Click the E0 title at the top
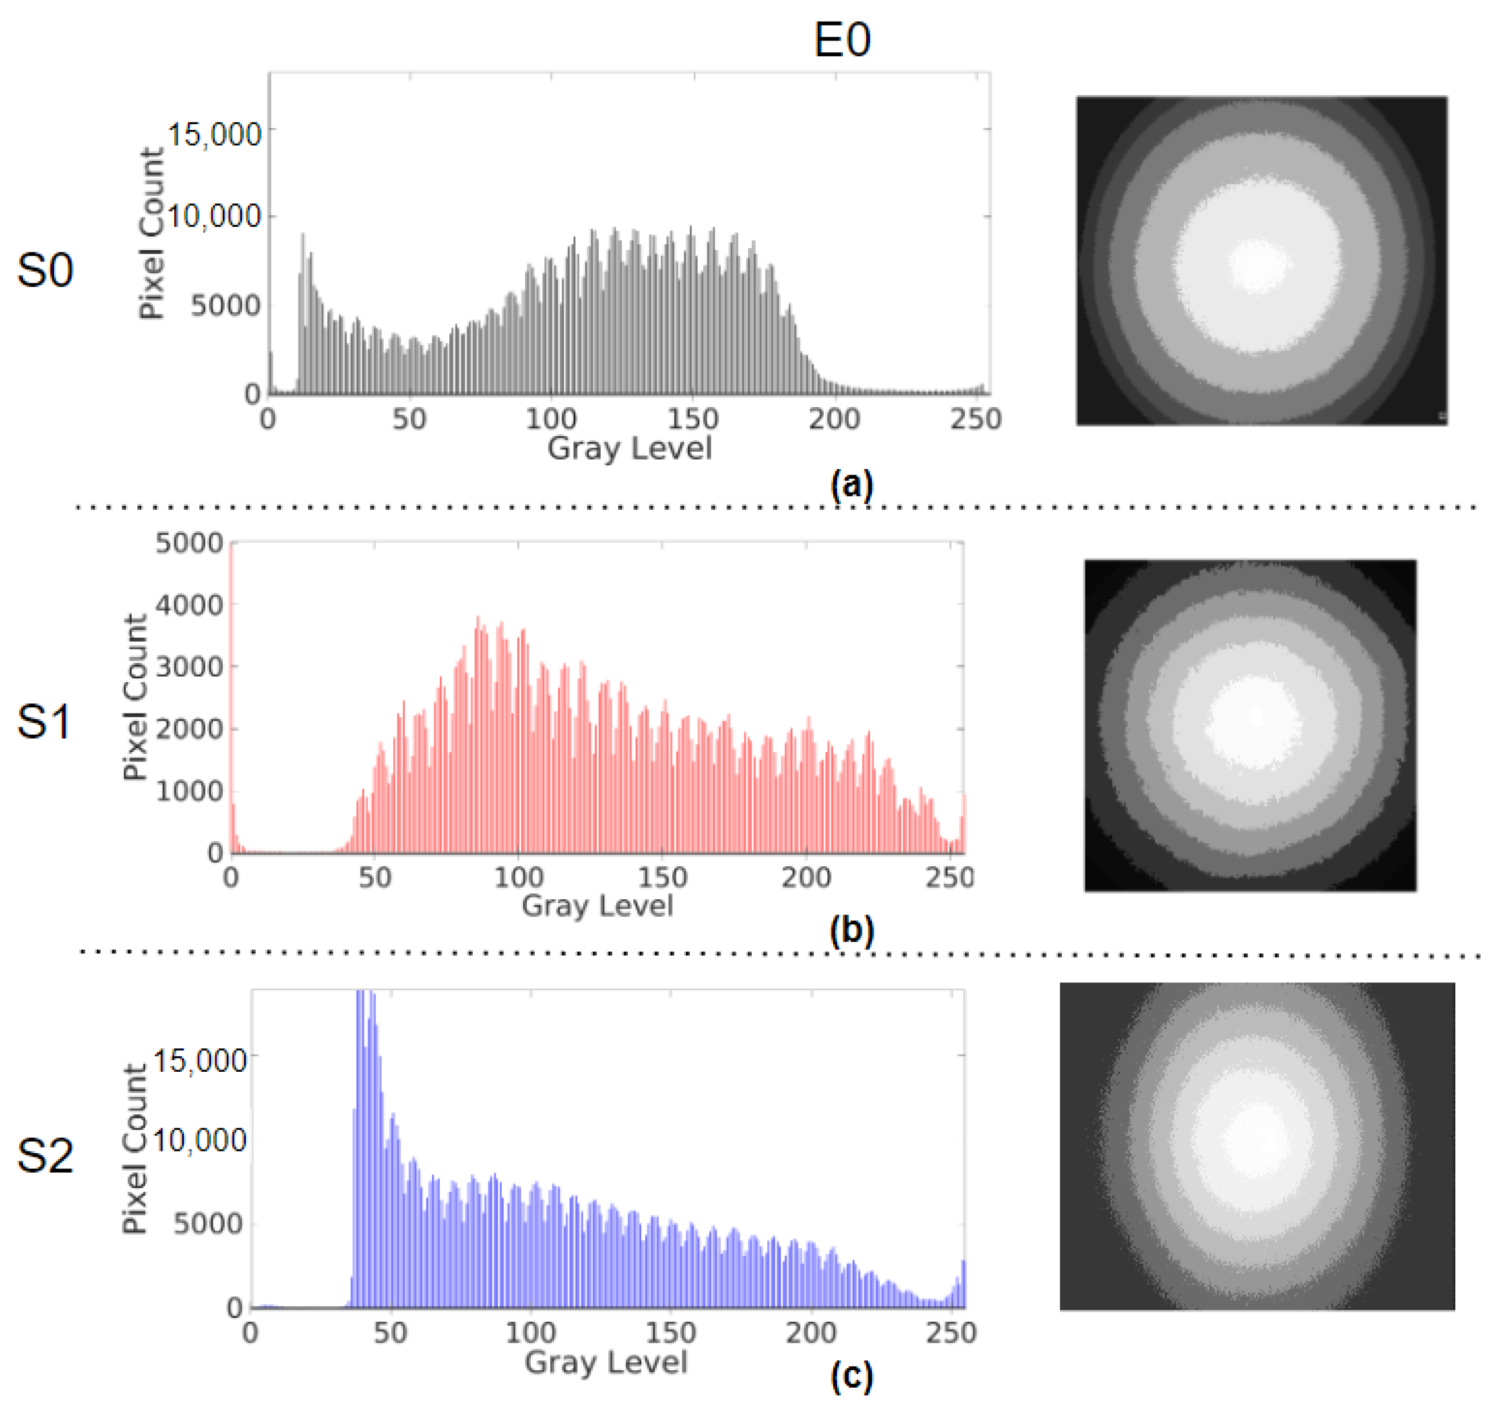[842, 40]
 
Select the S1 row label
[44, 721]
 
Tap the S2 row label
[45, 1156]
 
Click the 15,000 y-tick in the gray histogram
[214, 135]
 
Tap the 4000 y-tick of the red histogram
[189, 605]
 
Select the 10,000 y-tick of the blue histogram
[200, 1140]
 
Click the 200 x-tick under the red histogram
[805, 877]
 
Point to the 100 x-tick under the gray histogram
[551, 419]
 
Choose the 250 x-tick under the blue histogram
[951, 1333]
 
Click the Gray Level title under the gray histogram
[629, 449]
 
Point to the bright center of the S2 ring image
[1256, 1140]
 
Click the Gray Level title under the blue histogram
[606, 1362]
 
